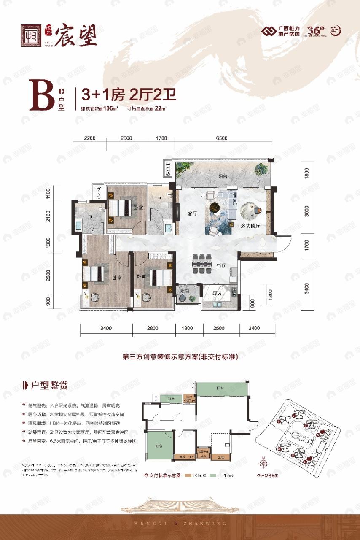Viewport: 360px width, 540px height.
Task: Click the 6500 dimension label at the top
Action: click(x=221, y=138)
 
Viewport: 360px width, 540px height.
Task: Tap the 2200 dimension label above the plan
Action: click(x=90, y=138)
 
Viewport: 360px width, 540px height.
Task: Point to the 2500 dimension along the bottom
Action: click(x=221, y=328)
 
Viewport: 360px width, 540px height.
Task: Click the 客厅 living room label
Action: click(x=192, y=213)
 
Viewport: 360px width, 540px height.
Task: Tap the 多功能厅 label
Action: click(x=250, y=226)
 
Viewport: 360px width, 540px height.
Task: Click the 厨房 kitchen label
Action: click(x=217, y=293)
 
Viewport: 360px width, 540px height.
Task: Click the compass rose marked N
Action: click(x=264, y=462)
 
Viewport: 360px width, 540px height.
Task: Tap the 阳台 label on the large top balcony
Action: click(x=223, y=176)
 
